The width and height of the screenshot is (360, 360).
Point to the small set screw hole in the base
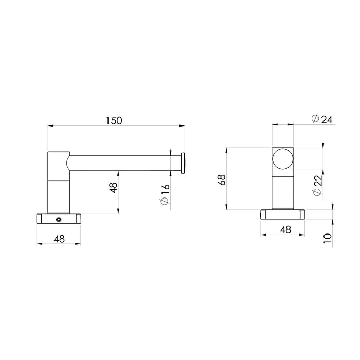click(x=59, y=220)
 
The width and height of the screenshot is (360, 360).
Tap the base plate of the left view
click(x=59, y=219)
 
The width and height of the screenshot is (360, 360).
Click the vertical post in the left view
click(x=58, y=183)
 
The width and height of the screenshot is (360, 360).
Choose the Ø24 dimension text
click(x=322, y=119)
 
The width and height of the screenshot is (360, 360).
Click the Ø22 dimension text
click(x=317, y=186)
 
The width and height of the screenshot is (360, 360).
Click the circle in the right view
click(x=283, y=159)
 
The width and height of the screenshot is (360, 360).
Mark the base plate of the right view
click(x=283, y=214)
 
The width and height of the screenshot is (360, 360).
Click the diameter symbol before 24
click(x=314, y=119)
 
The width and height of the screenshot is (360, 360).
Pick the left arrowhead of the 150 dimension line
click(x=50, y=125)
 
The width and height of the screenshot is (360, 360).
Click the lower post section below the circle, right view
click(x=283, y=190)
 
